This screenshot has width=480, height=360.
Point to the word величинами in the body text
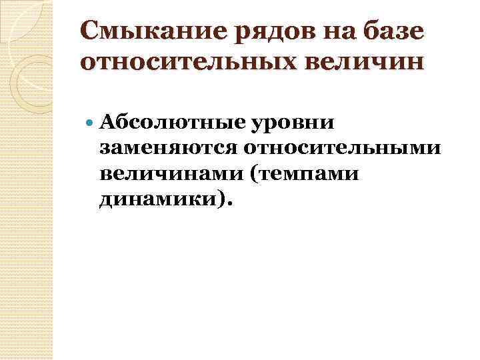tap(160, 173)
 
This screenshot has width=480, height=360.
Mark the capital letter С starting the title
tap(89, 31)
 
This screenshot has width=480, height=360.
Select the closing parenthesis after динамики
tap(223, 198)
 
